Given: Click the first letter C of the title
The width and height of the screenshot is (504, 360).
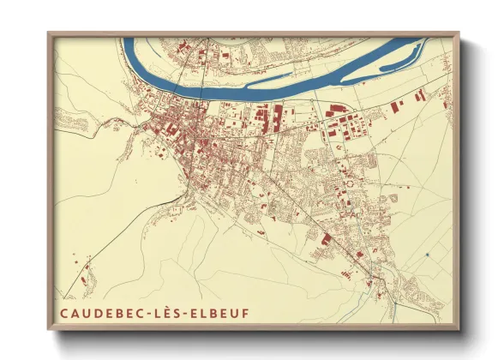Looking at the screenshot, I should pos(63,311).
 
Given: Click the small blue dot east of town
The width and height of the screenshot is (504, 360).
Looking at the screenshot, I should pos(426,255).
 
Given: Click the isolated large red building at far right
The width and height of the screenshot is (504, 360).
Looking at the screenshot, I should pos(397,107).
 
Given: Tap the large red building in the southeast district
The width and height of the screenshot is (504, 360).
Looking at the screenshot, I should pos(326,237).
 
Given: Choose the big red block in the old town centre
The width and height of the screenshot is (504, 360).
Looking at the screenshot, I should pos(172,129).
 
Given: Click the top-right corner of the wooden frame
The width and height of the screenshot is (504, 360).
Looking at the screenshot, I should pos(458,34).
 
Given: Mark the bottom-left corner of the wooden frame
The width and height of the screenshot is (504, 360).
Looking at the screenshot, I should pos(49,328).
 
